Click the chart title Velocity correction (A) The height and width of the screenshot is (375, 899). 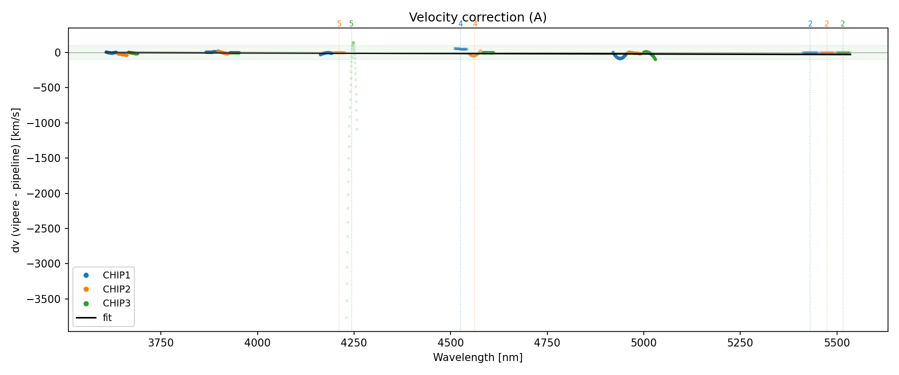tap(477, 17)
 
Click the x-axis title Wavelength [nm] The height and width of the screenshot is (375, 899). tap(477, 357)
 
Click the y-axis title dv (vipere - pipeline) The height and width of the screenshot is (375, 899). tap(16, 179)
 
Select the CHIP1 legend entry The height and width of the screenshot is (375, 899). tap(116, 275)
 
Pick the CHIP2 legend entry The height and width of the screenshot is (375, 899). tap(116, 289)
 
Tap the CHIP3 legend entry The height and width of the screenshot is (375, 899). tap(116, 303)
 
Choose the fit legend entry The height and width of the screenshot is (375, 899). tap(107, 317)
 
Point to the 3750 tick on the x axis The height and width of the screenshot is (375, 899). tap(161, 343)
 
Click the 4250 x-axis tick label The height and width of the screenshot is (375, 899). tap(354, 343)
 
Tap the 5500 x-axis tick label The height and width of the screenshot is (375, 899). tap(837, 343)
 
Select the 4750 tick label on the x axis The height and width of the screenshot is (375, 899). tap(547, 343)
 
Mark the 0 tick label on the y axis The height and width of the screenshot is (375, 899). tap(58, 52)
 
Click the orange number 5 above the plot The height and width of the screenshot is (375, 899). tap(339, 24)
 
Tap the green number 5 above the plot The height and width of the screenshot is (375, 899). tap(351, 24)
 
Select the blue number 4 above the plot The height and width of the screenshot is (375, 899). tap(460, 24)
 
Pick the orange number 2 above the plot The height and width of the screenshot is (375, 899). tap(827, 24)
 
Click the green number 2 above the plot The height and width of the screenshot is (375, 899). tap(843, 24)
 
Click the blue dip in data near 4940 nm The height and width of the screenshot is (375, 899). tap(620, 57)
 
